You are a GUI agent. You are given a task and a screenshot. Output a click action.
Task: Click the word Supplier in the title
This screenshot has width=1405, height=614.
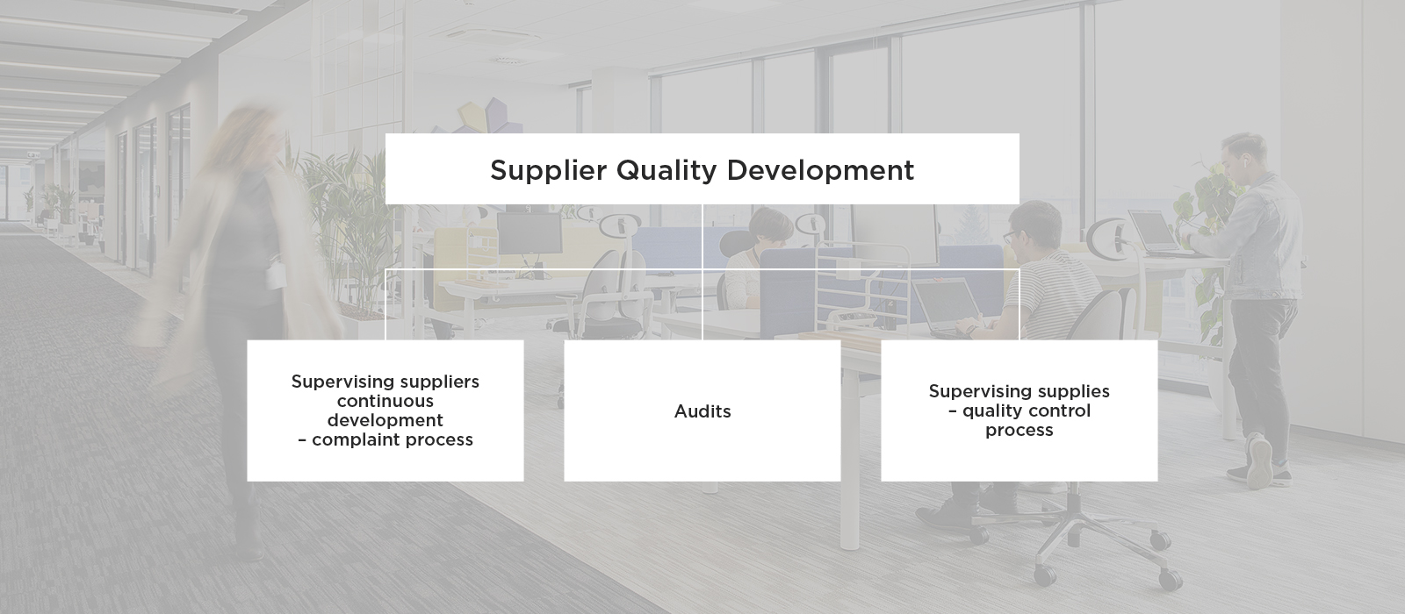pos(548,170)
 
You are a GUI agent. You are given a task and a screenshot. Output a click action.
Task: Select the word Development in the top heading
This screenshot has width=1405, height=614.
pos(820,170)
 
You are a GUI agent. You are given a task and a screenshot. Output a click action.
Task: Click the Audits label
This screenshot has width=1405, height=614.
pos(702,411)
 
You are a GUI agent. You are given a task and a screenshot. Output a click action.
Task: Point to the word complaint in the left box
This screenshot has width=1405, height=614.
pos(357,439)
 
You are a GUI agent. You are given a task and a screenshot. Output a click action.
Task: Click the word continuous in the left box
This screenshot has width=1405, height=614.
pos(385,401)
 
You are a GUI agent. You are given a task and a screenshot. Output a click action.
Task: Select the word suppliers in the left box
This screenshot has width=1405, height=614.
pos(438,382)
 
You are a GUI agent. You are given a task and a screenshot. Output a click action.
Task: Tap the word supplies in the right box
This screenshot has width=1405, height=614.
pos(1072,391)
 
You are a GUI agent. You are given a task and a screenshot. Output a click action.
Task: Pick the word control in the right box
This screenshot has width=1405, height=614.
pos(1059,411)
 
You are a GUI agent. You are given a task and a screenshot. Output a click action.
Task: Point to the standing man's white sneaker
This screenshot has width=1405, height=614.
pos(1259,460)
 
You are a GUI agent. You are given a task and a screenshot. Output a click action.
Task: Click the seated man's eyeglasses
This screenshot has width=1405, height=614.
pos(1010,237)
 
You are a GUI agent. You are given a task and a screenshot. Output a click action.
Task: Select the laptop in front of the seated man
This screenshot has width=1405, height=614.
pos(947,307)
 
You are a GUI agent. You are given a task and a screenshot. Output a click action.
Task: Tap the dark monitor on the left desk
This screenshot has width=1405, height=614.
pos(530,233)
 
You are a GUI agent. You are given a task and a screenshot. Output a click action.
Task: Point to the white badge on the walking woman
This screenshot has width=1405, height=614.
pos(274,276)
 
